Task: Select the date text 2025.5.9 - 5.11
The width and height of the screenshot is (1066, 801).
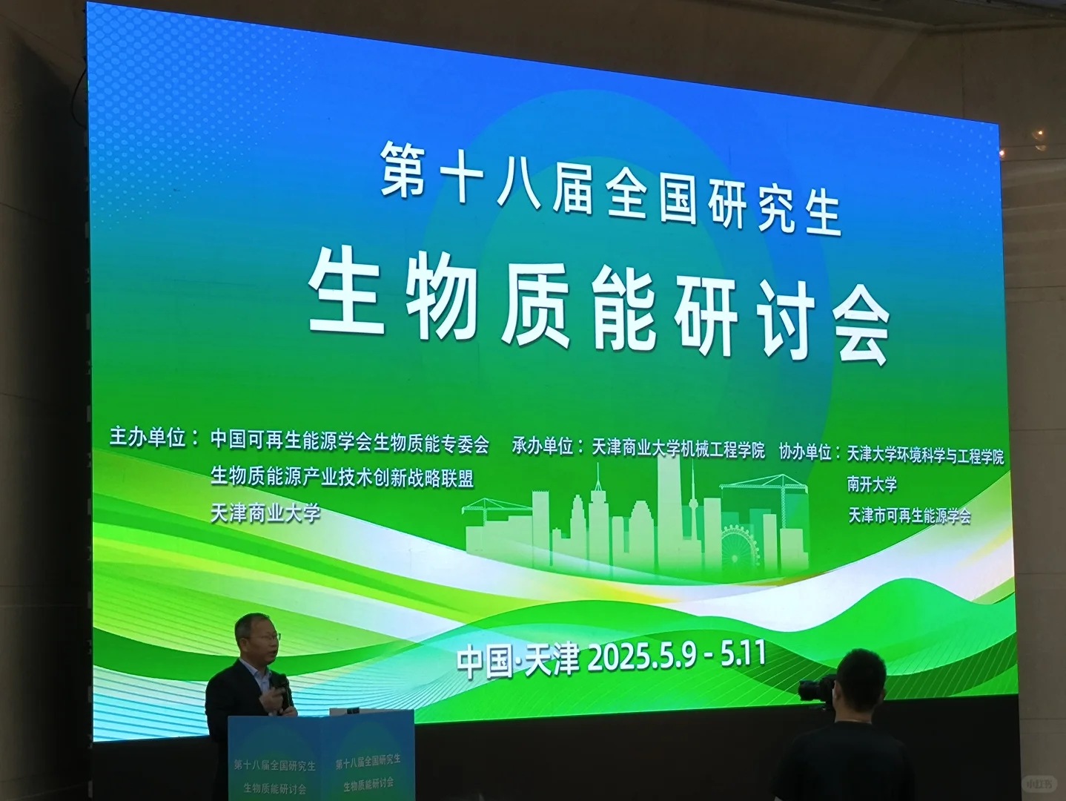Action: point(676,656)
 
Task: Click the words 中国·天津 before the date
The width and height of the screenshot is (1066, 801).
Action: point(517,659)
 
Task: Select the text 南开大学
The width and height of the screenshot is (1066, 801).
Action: point(872,485)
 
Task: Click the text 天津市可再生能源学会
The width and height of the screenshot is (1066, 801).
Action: point(910,515)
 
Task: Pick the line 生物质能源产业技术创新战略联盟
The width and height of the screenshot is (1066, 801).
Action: point(342,477)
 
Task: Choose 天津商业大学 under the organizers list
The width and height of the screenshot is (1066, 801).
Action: point(265,512)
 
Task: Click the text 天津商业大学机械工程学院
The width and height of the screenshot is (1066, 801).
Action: point(678,448)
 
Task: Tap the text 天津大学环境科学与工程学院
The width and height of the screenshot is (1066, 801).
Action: point(925,455)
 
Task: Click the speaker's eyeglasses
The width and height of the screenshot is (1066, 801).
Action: point(267,637)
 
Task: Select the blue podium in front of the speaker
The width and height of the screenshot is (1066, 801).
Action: point(320,756)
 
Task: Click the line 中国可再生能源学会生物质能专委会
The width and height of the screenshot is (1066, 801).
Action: point(350,442)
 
